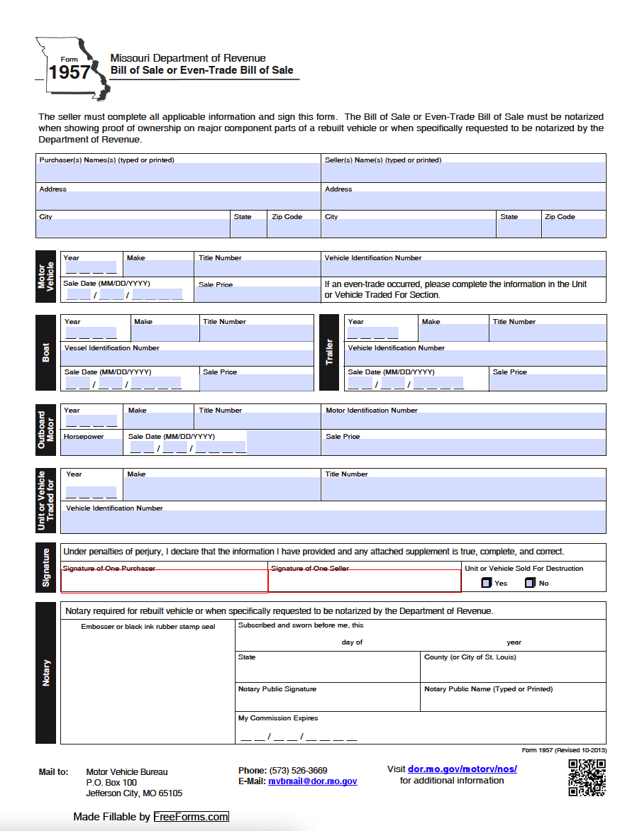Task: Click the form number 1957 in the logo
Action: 69,72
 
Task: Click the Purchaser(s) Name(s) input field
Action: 178,172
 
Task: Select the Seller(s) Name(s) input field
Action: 464,172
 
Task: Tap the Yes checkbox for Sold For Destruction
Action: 486,583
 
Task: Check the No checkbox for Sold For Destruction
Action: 529,583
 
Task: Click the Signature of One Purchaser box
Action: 165,581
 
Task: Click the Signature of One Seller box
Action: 365,581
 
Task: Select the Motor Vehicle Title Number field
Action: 258,269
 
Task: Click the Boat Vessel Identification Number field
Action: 187,358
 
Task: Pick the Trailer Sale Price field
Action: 548,383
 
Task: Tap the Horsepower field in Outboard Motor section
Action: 91,447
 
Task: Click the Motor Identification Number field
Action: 464,420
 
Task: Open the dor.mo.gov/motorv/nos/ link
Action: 463,769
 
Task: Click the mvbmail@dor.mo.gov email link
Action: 312,781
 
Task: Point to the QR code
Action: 587,777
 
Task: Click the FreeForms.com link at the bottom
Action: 191,817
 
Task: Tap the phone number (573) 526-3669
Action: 298,770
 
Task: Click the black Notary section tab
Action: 47,672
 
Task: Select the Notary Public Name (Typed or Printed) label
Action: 488,689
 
